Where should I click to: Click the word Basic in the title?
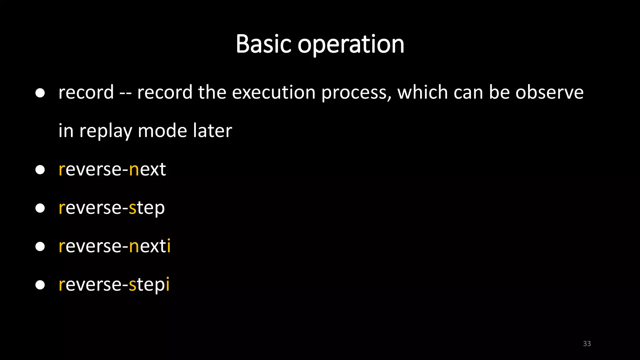click(x=264, y=44)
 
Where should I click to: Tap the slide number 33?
click(x=587, y=343)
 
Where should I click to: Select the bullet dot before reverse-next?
click(x=40, y=170)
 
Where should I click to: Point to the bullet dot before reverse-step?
click(x=40, y=208)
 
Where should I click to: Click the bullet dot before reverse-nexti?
click(x=40, y=247)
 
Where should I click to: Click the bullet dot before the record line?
click(x=40, y=93)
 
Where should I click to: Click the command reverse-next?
click(x=112, y=170)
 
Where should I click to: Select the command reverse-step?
click(x=112, y=208)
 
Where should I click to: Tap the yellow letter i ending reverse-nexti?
click(x=169, y=246)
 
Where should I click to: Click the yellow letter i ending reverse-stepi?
click(x=167, y=284)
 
